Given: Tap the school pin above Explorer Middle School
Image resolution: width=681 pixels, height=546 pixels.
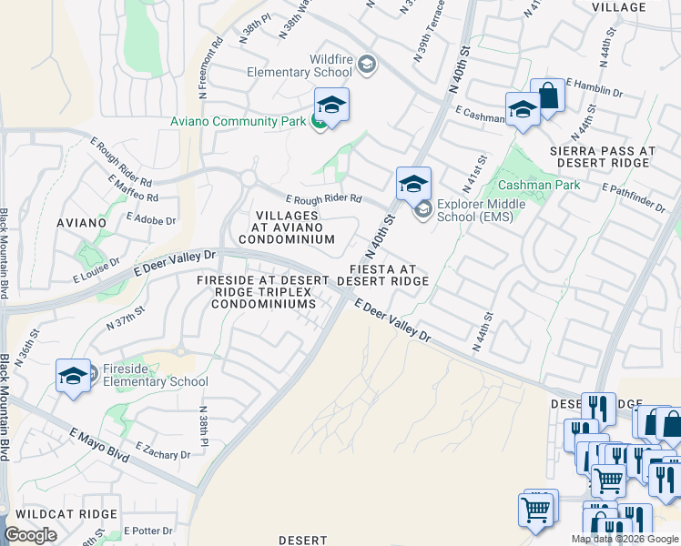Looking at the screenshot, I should [x=412, y=184].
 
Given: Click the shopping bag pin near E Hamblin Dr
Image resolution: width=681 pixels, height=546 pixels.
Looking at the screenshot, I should [x=548, y=96].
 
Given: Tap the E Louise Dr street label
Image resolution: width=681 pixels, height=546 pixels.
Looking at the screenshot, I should [x=96, y=272].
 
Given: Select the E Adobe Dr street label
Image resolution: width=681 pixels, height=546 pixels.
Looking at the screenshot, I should [x=151, y=219].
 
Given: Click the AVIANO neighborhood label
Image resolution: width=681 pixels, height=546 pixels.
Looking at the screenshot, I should [x=106, y=222].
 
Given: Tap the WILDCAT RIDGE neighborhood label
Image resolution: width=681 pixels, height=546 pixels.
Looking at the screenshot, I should [x=60, y=514].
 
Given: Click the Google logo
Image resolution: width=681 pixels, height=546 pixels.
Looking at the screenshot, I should [x=31, y=535].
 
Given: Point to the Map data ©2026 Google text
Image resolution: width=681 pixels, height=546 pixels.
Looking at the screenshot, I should [x=625, y=539].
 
